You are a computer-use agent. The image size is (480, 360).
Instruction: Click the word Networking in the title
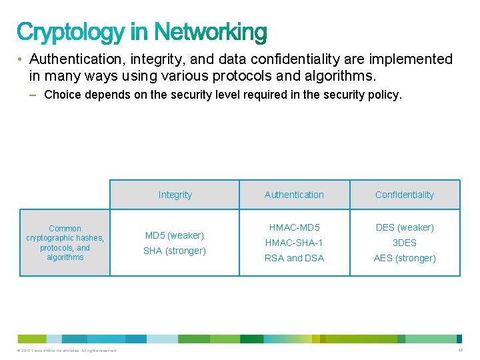pos(211,32)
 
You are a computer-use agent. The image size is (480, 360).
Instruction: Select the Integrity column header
pos(175,195)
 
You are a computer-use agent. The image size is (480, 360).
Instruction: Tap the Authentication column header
pos(294,195)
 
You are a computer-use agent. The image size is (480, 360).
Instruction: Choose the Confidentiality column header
pos(404,195)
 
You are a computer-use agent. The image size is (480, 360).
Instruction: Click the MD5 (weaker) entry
pos(175,235)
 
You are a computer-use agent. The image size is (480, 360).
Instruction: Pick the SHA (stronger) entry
pos(175,251)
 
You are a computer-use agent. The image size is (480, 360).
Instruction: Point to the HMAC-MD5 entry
pos(294,227)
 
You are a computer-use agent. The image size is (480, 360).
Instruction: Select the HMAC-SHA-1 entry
pos(294,243)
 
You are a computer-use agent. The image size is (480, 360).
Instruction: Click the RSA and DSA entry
pos(294,258)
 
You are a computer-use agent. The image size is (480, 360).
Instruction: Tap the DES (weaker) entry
pos(405,227)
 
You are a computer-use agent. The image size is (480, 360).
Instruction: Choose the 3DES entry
pos(405,243)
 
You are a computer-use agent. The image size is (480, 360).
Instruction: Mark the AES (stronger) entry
pos(405,258)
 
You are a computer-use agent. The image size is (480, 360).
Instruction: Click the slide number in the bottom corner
pos(460,350)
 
